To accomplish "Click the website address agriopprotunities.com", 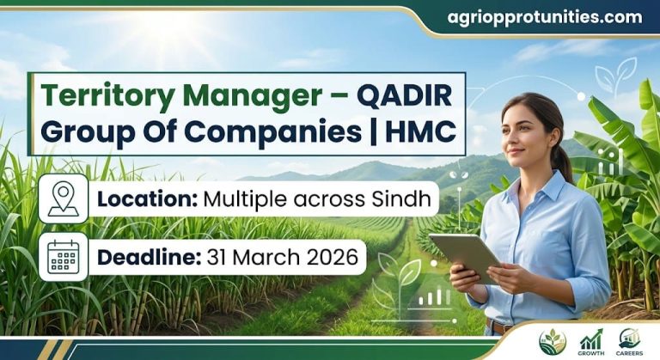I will [x=545, y=17].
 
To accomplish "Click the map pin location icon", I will [x=63, y=198].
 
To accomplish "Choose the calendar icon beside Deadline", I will [x=63, y=256].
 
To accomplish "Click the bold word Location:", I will [x=147, y=199].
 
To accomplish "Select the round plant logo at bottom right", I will [x=552, y=341].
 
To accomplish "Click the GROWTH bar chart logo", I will [x=591, y=341].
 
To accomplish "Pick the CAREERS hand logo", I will [x=630, y=341].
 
